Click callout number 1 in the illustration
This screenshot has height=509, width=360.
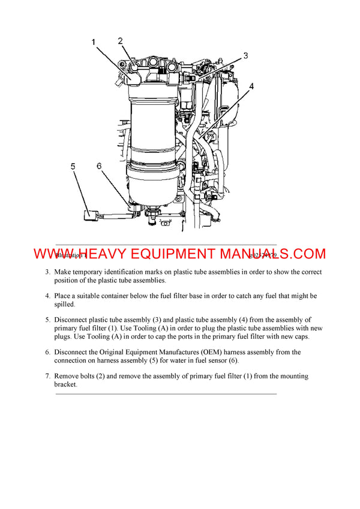click(x=94, y=42)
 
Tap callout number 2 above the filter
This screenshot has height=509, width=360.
click(x=120, y=41)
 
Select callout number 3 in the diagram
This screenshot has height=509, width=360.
click(x=245, y=56)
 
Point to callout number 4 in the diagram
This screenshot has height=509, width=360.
click(x=251, y=86)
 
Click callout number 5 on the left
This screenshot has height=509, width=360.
click(x=73, y=167)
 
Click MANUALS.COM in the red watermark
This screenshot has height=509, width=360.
click(x=281, y=254)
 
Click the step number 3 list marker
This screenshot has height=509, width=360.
click(x=48, y=272)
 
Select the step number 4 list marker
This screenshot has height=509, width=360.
click(x=48, y=296)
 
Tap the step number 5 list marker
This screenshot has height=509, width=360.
click(x=48, y=320)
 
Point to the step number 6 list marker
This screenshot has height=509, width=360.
click(x=48, y=353)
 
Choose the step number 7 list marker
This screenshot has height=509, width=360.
click(x=48, y=377)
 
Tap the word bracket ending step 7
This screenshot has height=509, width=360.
click(x=66, y=384)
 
